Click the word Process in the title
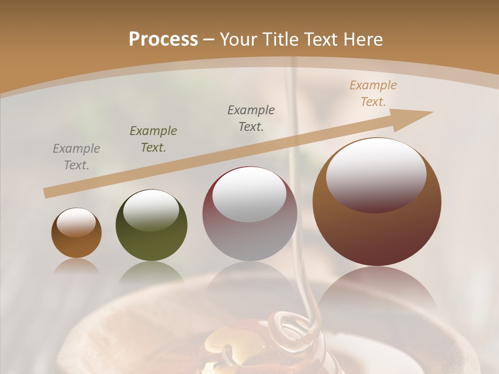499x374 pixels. tap(163, 39)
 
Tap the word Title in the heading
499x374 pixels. tap(280, 39)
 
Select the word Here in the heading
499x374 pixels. tap(363, 39)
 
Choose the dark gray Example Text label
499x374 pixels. tap(251, 118)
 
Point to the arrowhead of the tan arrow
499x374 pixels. tap(416, 117)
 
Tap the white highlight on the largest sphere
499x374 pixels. tap(376, 174)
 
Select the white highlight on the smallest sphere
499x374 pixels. tap(76, 222)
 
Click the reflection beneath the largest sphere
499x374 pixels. tap(377, 291)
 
